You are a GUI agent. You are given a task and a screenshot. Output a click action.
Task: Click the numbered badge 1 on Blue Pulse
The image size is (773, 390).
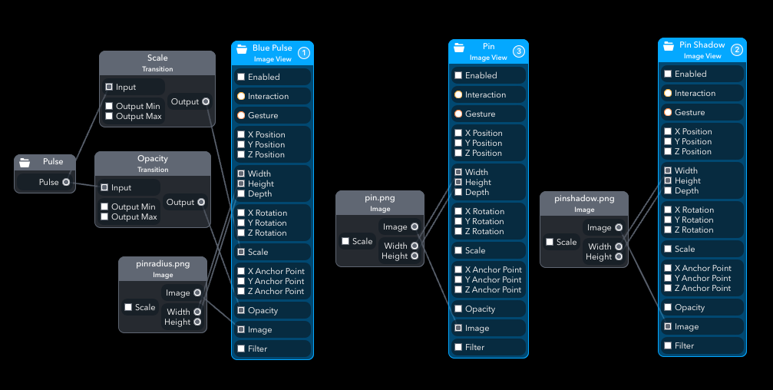click(304, 53)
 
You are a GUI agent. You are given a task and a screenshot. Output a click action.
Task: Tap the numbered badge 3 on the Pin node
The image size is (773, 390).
click(519, 51)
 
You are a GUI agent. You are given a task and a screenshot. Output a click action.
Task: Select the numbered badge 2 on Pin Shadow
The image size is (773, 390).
click(737, 50)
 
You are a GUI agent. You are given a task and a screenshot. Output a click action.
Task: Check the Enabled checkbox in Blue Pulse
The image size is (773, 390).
click(241, 77)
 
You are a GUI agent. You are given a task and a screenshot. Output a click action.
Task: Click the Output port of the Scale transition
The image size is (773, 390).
click(206, 101)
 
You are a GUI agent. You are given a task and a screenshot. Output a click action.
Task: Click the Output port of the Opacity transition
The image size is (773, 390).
click(201, 202)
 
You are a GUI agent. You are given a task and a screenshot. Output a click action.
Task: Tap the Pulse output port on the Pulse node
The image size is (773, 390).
click(66, 182)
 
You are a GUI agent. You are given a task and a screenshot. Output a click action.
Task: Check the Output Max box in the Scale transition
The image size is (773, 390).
click(109, 116)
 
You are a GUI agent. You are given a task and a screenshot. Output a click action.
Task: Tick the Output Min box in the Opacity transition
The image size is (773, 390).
click(104, 207)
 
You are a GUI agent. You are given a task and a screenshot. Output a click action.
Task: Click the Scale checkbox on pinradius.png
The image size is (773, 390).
click(128, 307)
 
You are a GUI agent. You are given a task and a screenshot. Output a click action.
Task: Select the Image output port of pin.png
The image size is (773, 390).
click(415, 226)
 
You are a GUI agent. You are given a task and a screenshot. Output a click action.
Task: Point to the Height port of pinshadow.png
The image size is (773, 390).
click(619, 256)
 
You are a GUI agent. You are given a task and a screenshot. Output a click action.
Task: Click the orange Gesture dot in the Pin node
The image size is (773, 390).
click(458, 114)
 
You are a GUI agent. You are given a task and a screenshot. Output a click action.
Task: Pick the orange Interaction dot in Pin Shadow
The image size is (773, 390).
click(668, 93)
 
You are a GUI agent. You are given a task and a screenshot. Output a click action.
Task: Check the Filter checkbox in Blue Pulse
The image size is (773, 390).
click(241, 349)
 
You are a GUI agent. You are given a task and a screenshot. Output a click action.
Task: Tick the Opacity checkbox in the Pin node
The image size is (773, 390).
click(458, 309)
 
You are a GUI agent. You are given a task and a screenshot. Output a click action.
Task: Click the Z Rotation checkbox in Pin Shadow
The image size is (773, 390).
click(668, 230)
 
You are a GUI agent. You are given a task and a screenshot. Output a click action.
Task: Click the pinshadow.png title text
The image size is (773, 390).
click(583, 198)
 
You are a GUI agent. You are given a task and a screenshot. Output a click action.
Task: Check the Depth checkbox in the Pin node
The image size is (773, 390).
click(458, 192)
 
